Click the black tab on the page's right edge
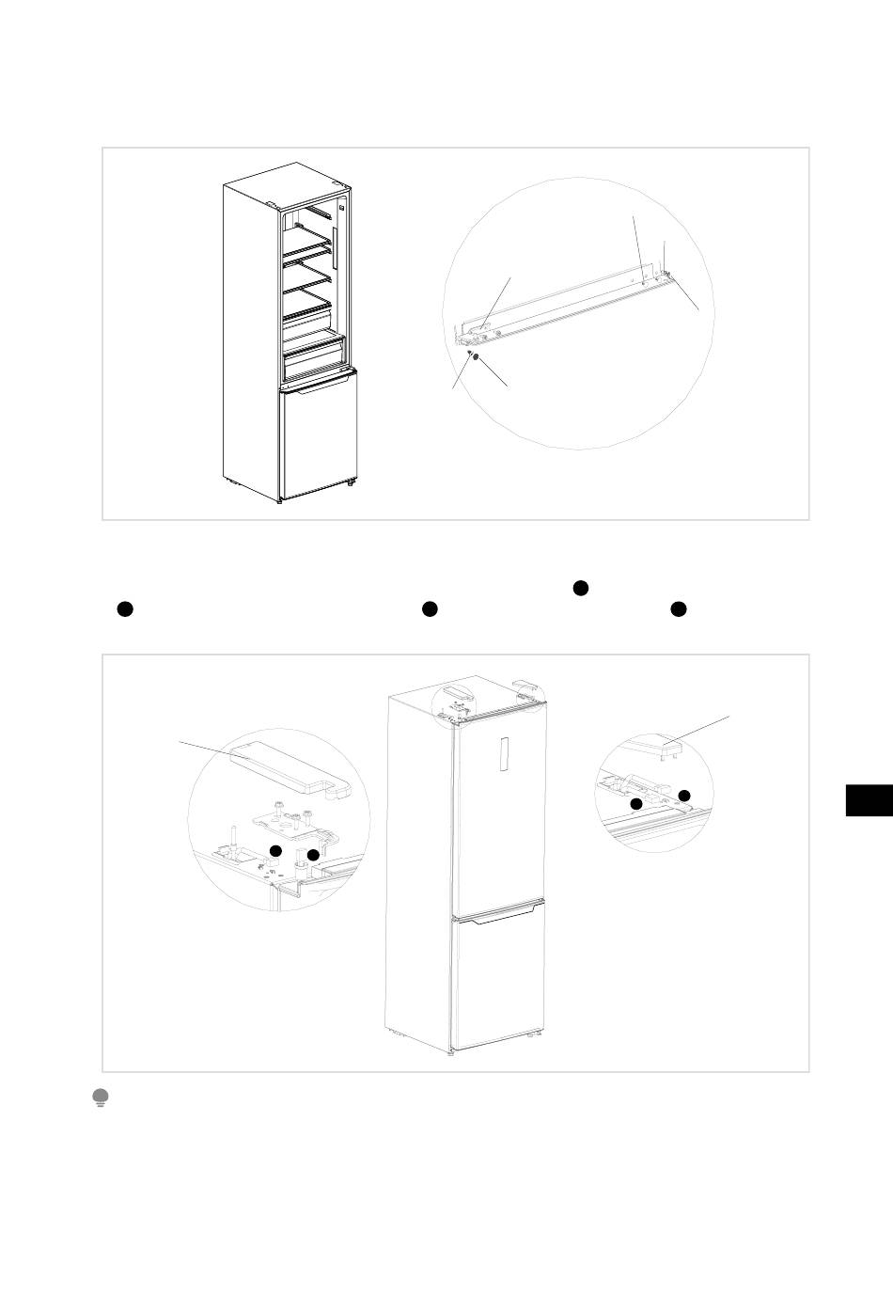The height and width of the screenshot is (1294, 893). [869, 799]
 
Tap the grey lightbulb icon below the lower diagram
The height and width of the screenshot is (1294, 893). [100, 1097]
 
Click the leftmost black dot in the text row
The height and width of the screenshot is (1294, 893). [122, 609]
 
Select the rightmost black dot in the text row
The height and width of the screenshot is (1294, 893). [678, 609]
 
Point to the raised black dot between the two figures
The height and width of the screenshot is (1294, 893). [580, 588]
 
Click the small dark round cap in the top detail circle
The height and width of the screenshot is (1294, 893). [477, 358]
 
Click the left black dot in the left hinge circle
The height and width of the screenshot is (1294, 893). [275, 850]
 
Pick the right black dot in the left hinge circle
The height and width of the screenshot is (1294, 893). [313, 856]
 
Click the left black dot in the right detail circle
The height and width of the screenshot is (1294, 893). [636, 804]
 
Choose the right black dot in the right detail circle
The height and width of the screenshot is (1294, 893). [683, 796]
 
